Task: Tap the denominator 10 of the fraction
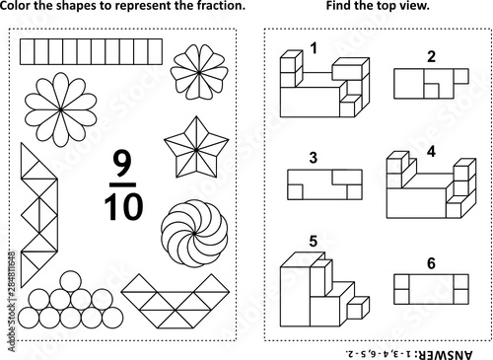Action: pyautogui.click(x=123, y=206)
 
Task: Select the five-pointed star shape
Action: pyautogui.click(x=196, y=148)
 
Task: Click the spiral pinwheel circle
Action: pyautogui.click(x=194, y=233)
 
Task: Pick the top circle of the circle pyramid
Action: pyautogui.click(x=71, y=281)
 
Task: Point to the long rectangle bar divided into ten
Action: pyautogui.click(x=91, y=51)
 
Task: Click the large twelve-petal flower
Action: pyautogui.click(x=61, y=109)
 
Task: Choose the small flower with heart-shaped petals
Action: pyautogui.click(x=199, y=72)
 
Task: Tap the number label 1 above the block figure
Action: pyautogui.click(x=315, y=48)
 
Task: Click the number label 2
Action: pyautogui.click(x=431, y=56)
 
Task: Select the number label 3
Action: pyautogui.click(x=314, y=158)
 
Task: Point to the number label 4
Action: pyautogui.click(x=431, y=151)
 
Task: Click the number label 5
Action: pyautogui.click(x=314, y=242)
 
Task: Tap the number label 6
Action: pyautogui.click(x=431, y=263)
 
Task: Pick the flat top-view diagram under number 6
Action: pyautogui.click(x=431, y=289)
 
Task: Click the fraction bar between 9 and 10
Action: pyautogui.click(x=122, y=184)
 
